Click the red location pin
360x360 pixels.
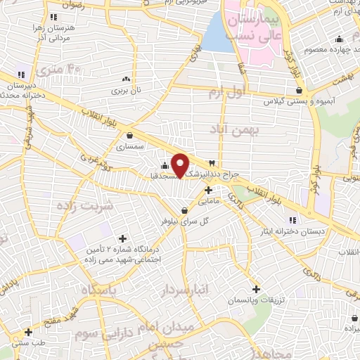(x=180, y=165)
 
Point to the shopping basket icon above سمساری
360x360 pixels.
(x=129, y=135)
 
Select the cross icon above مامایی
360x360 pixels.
(x=208, y=190)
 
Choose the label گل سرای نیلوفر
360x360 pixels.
(x=186, y=221)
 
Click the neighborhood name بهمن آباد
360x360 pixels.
(x=234, y=130)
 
